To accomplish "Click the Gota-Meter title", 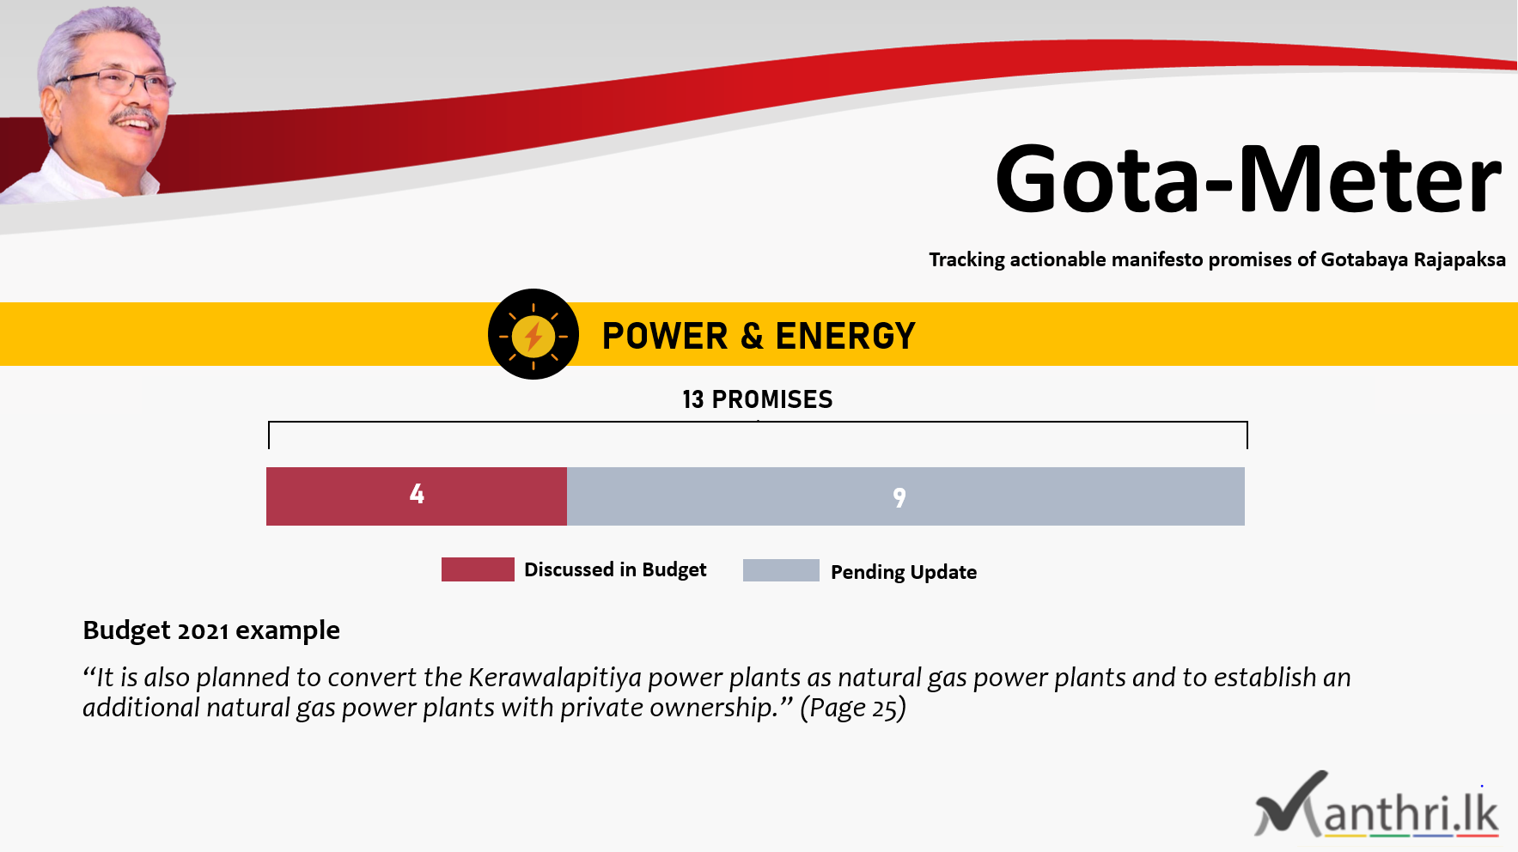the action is pyautogui.click(x=1248, y=180).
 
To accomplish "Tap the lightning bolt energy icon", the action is pyautogui.click(x=533, y=334).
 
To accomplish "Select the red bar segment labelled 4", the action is pyautogui.click(x=417, y=496).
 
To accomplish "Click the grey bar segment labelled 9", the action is pyautogui.click(x=905, y=496).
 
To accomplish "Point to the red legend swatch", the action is pyautogui.click(x=478, y=569).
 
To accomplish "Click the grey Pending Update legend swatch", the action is pyautogui.click(x=781, y=570).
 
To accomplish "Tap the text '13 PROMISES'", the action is pyautogui.click(x=758, y=399).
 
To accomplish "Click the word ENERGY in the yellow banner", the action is pyautogui.click(x=845, y=336).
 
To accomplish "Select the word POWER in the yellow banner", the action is pyautogui.click(x=665, y=336).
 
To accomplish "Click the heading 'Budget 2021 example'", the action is pyautogui.click(x=211, y=630).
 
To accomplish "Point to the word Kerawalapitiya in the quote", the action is pyautogui.click(x=555, y=678).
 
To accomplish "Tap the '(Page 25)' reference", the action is pyautogui.click(x=853, y=708).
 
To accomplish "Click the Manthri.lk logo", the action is pyautogui.click(x=1376, y=805).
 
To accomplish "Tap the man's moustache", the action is pyautogui.click(x=136, y=115).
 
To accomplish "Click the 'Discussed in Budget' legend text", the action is pyautogui.click(x=615, y=569).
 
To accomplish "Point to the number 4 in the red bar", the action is pyautogui.click(x=417, y=494).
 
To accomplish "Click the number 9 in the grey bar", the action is pyautogui.click(x=899, y=497).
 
